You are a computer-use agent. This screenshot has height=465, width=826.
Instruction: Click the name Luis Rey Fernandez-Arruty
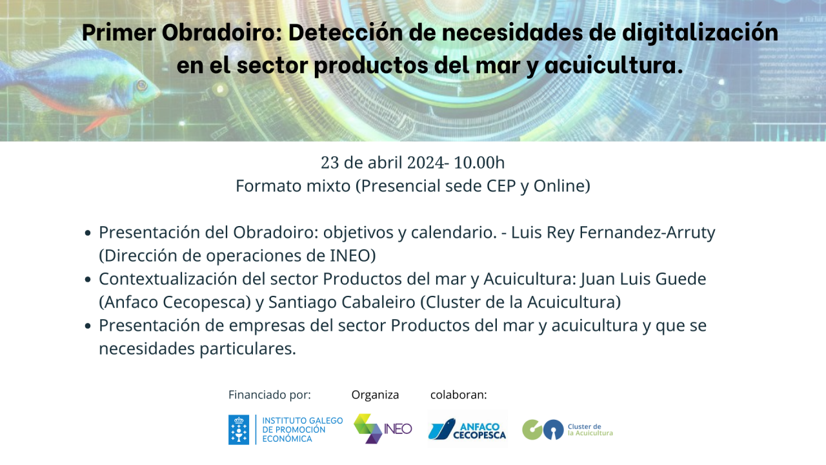(613, 232)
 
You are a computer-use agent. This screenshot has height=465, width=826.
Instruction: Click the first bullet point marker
(88, 233)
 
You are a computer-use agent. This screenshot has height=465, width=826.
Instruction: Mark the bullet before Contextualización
(88, 280)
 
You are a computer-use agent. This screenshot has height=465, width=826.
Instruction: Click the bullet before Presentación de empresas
(88, 326)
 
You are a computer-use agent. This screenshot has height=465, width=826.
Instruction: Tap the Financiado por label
(269, 395)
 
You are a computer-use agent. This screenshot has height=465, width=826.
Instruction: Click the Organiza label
(375, 395)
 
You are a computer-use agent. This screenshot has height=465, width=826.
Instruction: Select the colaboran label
(458, 395)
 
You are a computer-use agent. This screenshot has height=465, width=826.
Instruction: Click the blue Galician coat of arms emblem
(239, 429)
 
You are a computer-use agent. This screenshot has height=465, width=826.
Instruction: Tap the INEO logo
(383, 428)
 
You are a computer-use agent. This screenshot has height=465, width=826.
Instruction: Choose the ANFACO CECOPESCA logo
(468, 429)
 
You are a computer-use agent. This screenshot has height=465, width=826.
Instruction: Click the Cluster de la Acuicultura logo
(567, 429)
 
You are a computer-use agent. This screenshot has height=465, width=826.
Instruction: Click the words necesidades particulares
(197, 349)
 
